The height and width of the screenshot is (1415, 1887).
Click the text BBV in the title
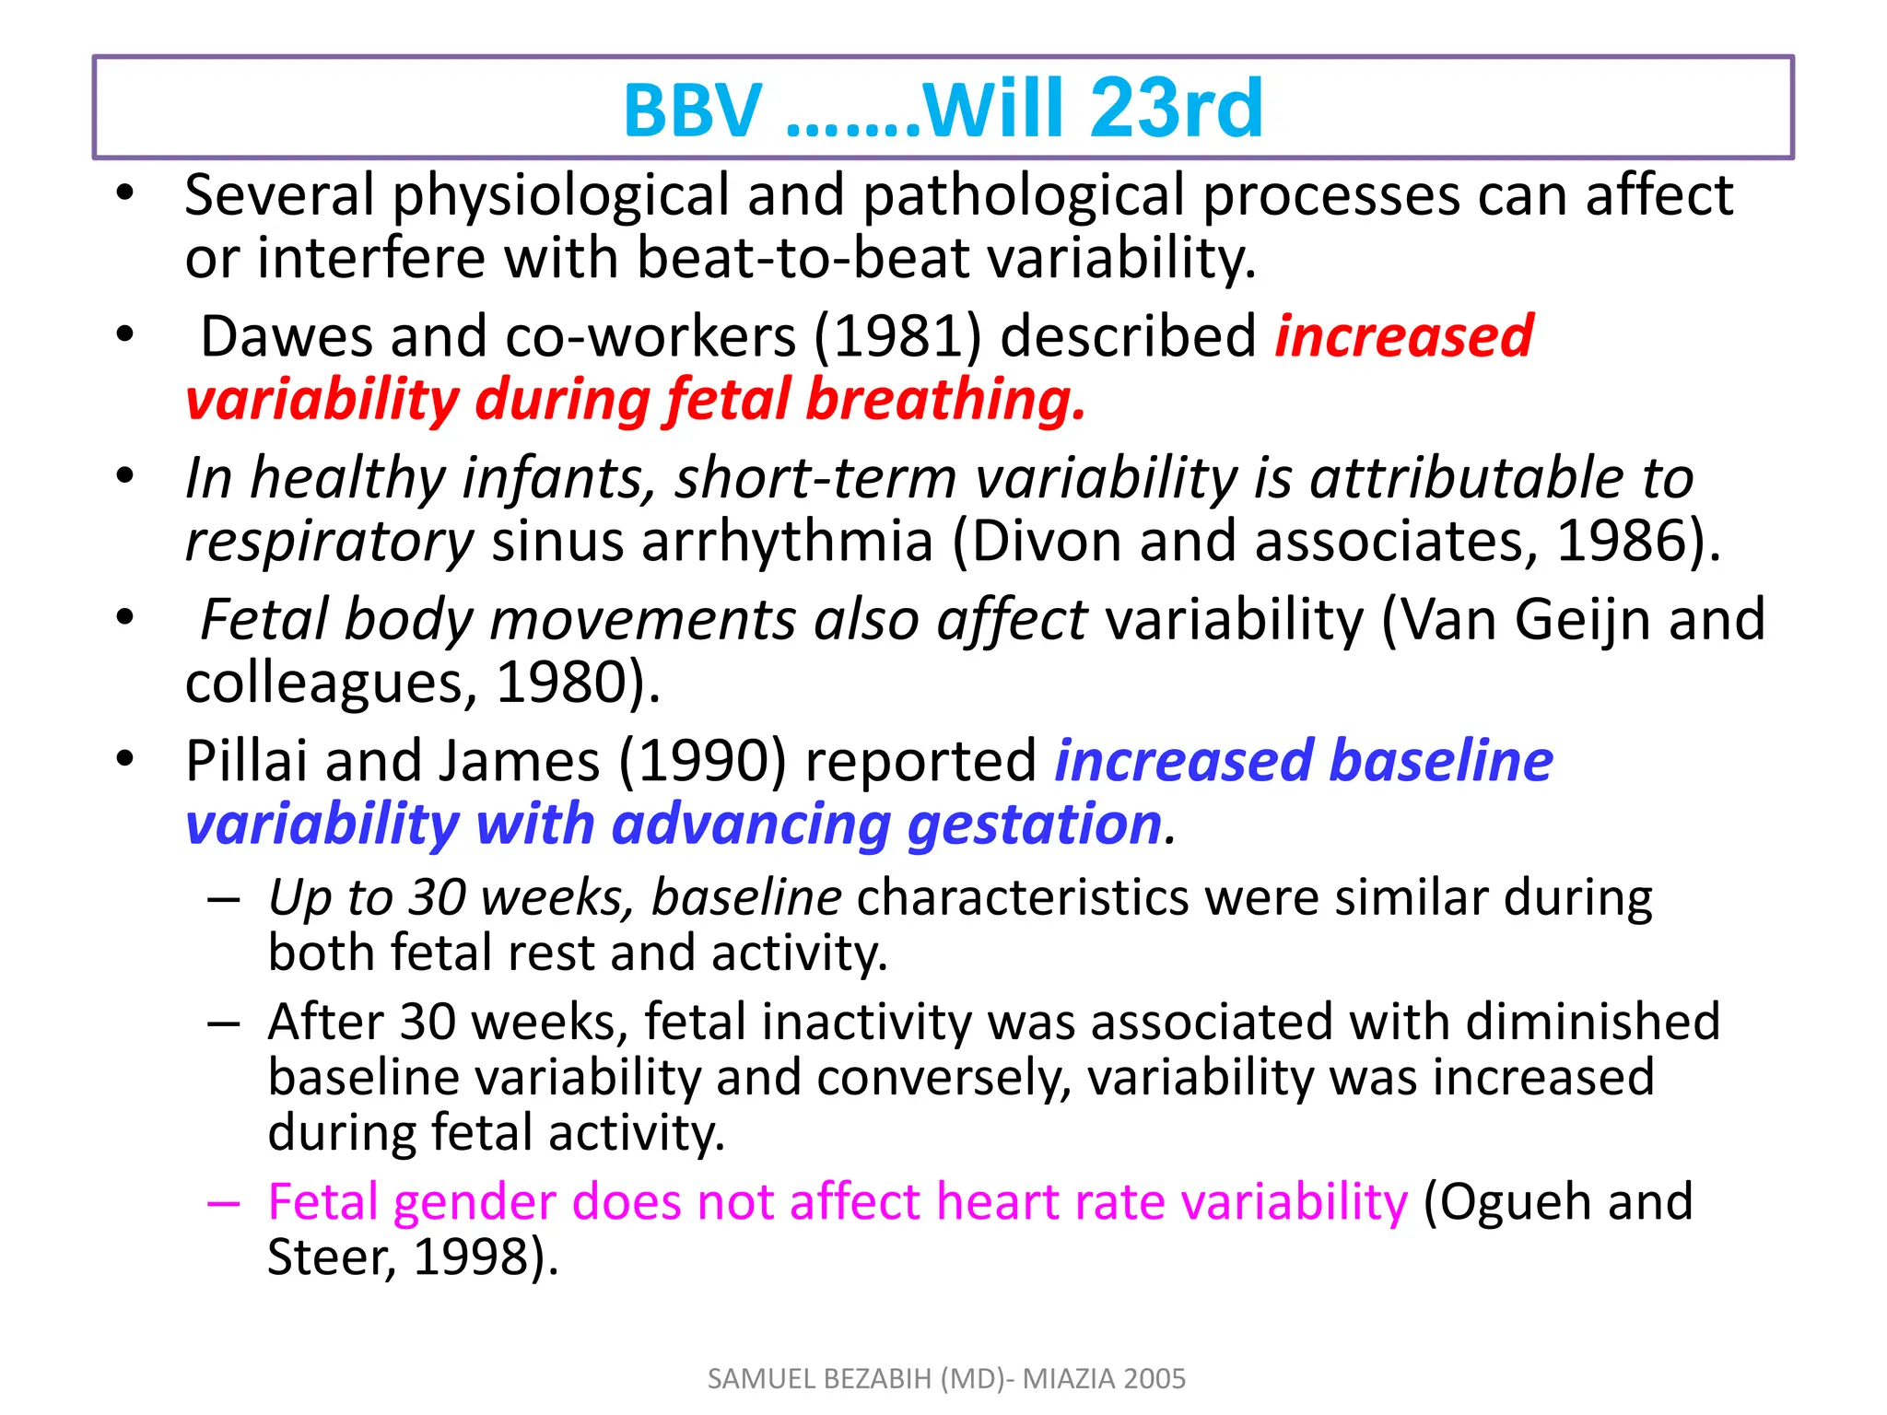tap(693, 111)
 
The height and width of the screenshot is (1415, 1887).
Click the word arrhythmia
tap(787, 542)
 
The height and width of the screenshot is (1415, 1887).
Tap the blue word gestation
tap(1035, 824)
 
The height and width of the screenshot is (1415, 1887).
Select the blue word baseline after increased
tap(1441, 762)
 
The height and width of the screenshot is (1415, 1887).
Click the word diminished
tap(1592, 1022)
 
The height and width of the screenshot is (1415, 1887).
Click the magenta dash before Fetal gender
tap(224, 1204)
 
